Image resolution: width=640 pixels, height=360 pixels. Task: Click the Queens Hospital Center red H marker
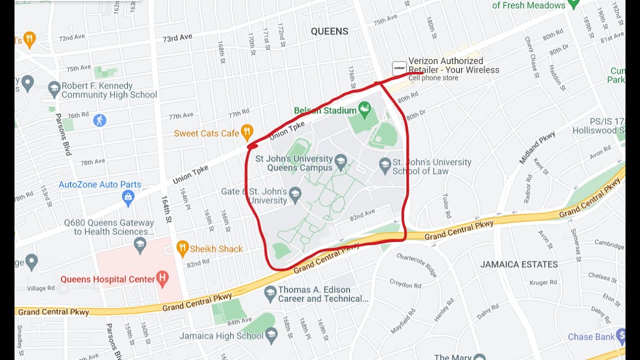(x=162, y=278)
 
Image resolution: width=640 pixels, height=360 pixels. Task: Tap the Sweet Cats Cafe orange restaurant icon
(x=247, y=132)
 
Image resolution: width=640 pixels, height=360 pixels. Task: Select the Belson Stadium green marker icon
(x=365, y=107)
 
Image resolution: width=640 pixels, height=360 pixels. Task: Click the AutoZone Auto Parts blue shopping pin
(x=128, y=197)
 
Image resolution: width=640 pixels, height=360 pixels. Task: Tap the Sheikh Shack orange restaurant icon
(x=183, y=247)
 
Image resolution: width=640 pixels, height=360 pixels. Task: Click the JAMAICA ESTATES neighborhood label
(x=519, y=264)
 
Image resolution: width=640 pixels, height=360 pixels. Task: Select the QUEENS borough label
(x=329, y=31)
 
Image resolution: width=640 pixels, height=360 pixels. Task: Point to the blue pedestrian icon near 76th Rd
(x=99, y=120)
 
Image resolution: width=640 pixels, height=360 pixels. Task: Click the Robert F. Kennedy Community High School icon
(x=54, y=89)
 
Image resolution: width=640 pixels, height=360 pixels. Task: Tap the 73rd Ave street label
(x=177, y=38)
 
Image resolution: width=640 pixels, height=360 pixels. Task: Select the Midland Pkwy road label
(x=537, y=147)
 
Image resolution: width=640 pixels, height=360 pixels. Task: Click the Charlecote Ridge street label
(x=416, y=264)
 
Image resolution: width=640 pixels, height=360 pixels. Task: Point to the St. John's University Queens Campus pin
(x=341, y=161)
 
